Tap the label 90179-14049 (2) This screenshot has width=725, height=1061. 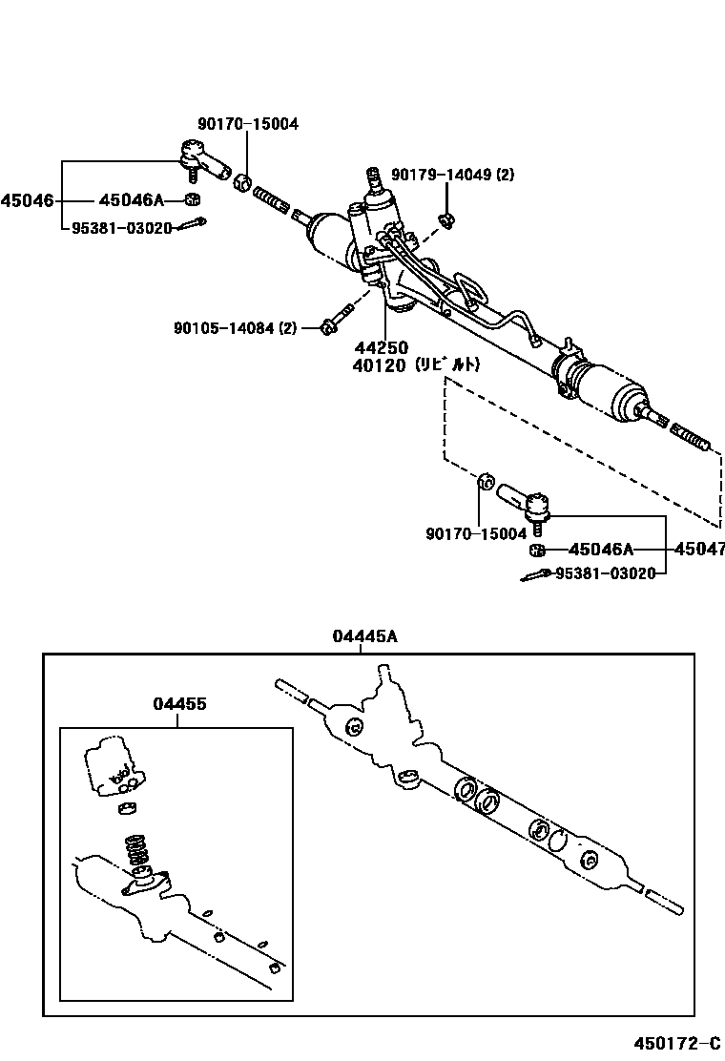[x=453, y=175]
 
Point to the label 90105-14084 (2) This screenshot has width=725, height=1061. [x=235, y=328]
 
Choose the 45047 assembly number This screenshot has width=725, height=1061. [x=699, y=550]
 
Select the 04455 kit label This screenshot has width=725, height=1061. [x=179, y=704]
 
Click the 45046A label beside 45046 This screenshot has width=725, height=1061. [x=132, y=200]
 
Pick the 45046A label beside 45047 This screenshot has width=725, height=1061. [x=601, y=550]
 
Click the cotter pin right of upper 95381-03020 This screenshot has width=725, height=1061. [x=195, y=224]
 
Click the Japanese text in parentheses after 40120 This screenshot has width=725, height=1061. [x=446, y=364]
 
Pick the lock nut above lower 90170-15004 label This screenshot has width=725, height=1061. [x=486, y=481]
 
